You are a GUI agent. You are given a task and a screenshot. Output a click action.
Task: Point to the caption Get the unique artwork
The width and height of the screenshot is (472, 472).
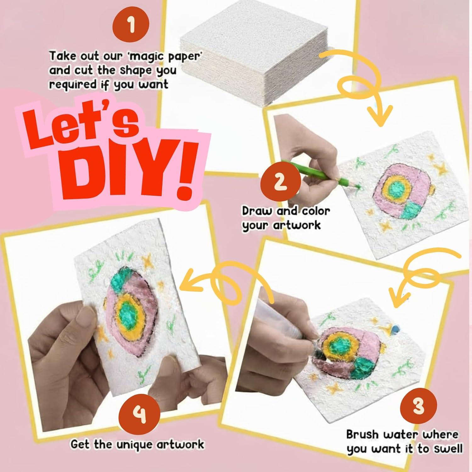(x=137, y=444)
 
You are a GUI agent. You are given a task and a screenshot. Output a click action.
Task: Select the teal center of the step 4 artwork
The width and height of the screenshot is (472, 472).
(x=128, y=312)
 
